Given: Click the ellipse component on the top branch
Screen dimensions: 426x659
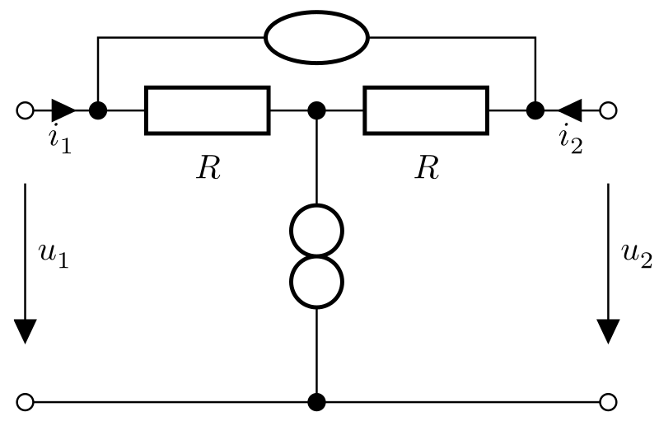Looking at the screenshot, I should coord(316,37).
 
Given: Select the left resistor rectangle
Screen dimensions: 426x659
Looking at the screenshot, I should coord(207,110).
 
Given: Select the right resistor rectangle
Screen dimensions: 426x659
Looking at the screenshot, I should coord(426,110).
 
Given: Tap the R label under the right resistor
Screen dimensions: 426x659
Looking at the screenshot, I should coord(426,167).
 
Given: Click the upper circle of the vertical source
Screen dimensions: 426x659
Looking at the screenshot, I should coord(316,230).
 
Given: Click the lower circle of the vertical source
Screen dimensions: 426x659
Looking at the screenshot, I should coord(316,280).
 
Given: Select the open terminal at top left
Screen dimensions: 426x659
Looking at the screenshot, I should coord(25,110).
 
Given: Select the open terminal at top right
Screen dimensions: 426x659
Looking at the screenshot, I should coord(609,110).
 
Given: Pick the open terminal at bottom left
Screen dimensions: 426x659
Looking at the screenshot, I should coord(25,402).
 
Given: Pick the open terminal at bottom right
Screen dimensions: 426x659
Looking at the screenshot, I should coord(609,402).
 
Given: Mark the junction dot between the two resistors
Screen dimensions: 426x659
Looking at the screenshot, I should coord(316,110).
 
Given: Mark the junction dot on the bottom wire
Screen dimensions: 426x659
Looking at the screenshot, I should coord(316,402).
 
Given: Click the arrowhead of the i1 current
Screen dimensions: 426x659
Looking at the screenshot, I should coord(63,110).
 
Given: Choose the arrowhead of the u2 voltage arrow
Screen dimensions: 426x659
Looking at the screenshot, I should coord(609,330).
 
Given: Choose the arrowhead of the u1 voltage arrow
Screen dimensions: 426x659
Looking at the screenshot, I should coord(26,330).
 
